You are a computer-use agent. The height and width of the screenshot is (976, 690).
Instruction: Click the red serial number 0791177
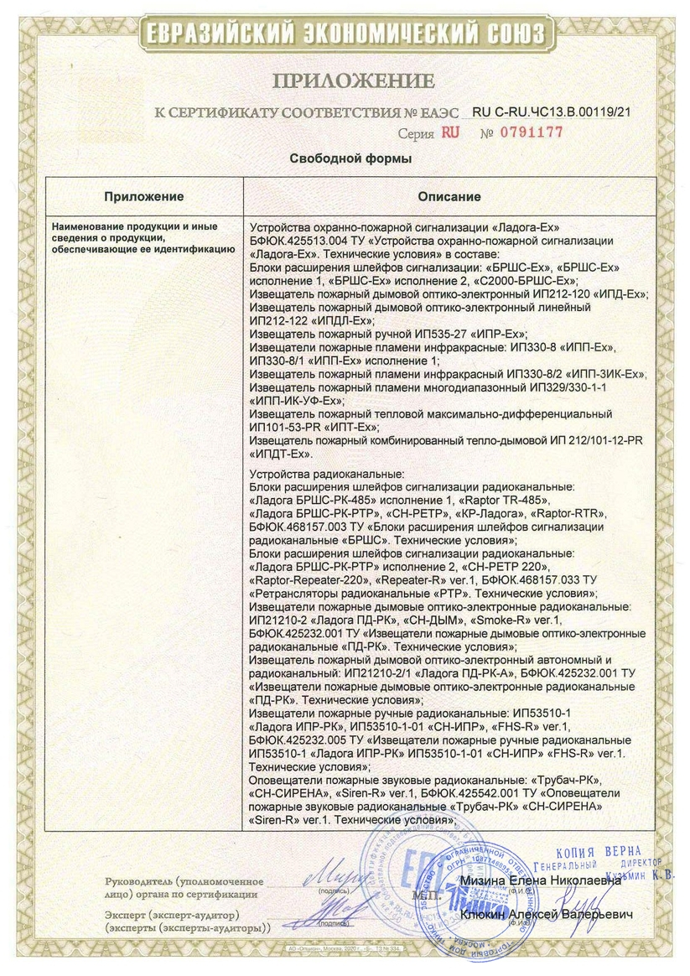pos(532,132)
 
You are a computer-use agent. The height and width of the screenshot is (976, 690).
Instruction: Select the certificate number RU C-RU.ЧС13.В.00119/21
pos(551,111)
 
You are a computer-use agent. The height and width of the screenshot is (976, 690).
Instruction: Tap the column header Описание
pos(449,196)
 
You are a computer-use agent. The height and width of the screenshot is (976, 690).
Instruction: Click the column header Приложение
pos(143,196)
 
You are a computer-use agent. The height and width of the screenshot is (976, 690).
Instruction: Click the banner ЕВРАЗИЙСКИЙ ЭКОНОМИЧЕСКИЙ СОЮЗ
pos(345,33)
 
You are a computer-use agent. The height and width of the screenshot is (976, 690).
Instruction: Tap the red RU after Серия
pos(451,132)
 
